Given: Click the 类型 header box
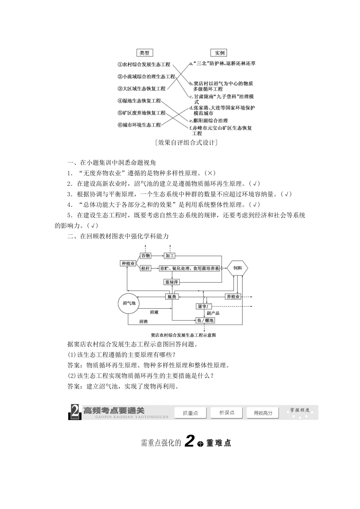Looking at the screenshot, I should point(144,53).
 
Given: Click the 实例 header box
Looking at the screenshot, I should point(220,53).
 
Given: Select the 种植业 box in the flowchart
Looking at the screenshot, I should point(128,264).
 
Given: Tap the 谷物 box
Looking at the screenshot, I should point(146,256).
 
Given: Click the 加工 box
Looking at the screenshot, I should point(170,256).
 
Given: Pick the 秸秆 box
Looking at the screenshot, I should point(146,269).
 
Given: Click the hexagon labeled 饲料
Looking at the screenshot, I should point(238,269).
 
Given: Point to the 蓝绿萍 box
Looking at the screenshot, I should point(172,282).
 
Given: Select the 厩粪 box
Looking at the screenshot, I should point(172,297).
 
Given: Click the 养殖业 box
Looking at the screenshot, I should point(233,297).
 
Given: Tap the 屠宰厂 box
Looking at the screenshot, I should point(204,306).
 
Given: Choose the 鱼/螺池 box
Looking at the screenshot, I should point(205,320).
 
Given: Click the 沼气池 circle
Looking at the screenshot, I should point(129,303).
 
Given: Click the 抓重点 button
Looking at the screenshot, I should point(190,413).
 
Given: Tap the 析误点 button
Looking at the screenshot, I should point(227,413).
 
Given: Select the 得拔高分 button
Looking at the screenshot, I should point(263,413).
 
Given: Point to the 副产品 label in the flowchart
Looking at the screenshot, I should point(213,313).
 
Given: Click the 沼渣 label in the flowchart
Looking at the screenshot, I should point(144,321).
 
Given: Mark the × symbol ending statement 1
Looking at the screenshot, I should point(210,173).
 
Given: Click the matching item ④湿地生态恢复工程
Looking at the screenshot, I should point(139,101).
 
